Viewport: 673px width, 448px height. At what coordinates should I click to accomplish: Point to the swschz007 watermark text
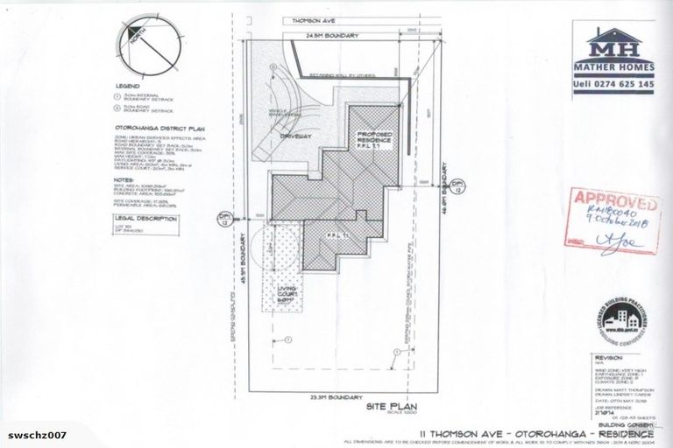pos(34,435)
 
